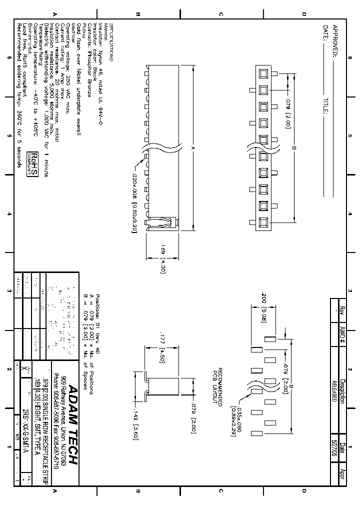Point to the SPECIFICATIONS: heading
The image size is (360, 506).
point(112,44)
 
